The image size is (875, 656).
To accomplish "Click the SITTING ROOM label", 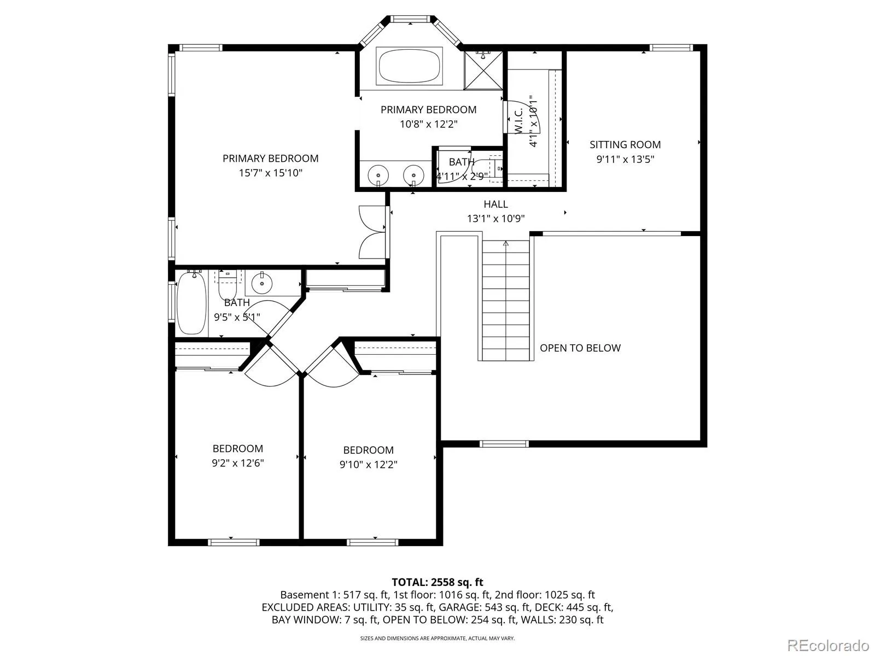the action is pos(625,144).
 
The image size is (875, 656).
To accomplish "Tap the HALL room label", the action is pos(495,204).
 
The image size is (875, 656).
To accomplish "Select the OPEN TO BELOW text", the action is pos(580,348).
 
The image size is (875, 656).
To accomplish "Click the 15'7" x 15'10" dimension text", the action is pos(271,173).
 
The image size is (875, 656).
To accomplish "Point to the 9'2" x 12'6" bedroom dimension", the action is pos(237,463).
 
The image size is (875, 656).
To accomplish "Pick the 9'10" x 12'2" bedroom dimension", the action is pos(369,465).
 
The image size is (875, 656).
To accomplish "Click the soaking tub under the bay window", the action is pos(410,66).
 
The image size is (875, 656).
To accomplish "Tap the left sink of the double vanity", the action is pos(378,174).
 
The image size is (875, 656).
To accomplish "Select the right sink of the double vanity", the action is pos(413,174).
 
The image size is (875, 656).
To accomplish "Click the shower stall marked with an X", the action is pos(483,70).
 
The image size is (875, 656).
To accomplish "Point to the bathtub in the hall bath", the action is pos(191,303).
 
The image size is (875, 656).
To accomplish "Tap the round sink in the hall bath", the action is pos(262,283).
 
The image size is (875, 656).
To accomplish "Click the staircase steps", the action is pos(506,301).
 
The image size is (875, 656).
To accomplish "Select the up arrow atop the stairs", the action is pos(506,243).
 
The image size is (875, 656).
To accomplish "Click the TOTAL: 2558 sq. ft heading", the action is pos(437,582).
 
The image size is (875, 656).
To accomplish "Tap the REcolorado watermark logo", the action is pos(829,645).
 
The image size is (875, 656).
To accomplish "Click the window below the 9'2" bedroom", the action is pos(234,542).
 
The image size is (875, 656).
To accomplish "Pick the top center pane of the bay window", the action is pos(411,19).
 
